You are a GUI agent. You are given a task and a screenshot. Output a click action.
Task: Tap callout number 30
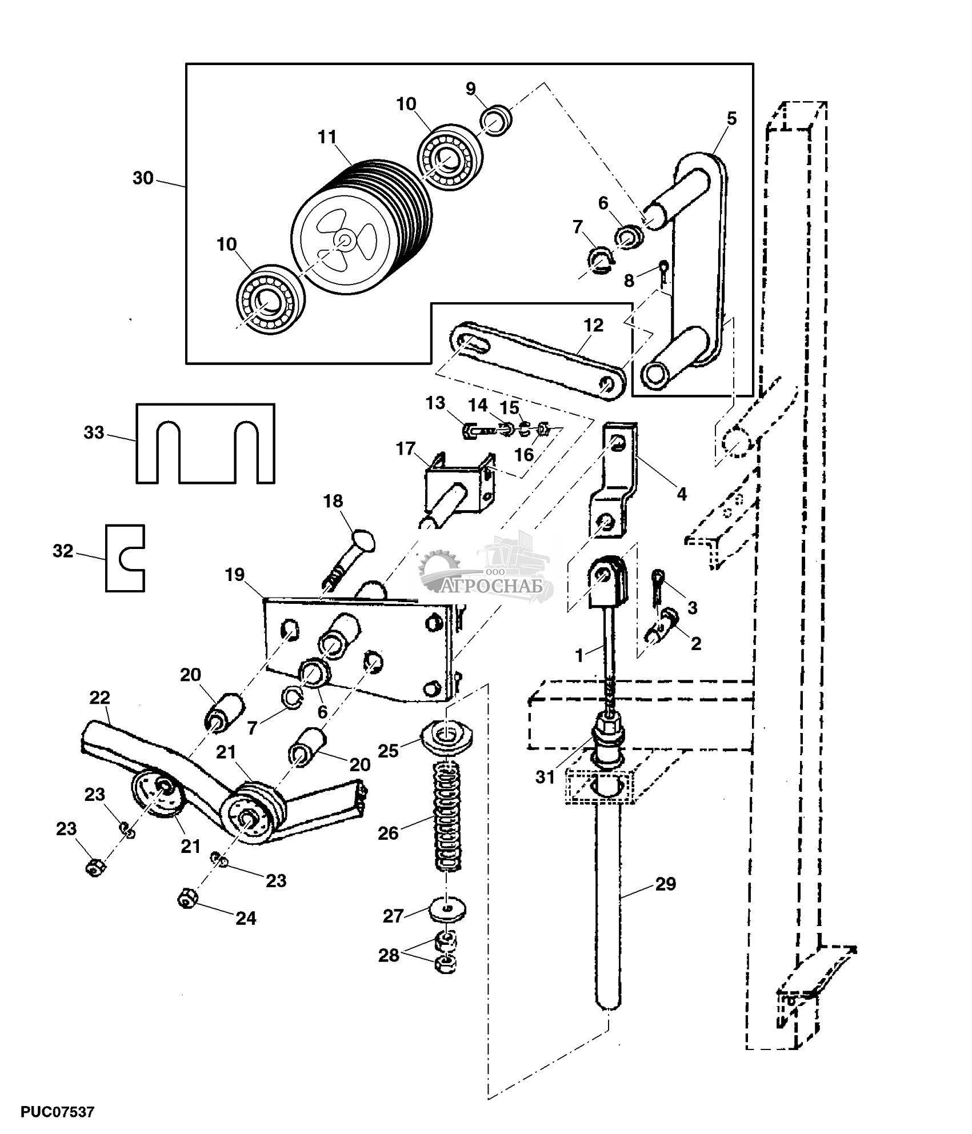[x=143, y=178]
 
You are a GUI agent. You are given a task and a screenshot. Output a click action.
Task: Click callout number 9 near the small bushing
[x=470, y=89]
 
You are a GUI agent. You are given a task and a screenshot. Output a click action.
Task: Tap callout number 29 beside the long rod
[x=665, y=884]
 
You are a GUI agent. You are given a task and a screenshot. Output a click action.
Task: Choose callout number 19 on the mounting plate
[x=235, y=575]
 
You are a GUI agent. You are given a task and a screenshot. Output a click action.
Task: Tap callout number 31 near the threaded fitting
[x=545, y=777]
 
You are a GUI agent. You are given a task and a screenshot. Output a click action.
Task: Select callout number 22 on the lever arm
[x=99, y=698]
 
